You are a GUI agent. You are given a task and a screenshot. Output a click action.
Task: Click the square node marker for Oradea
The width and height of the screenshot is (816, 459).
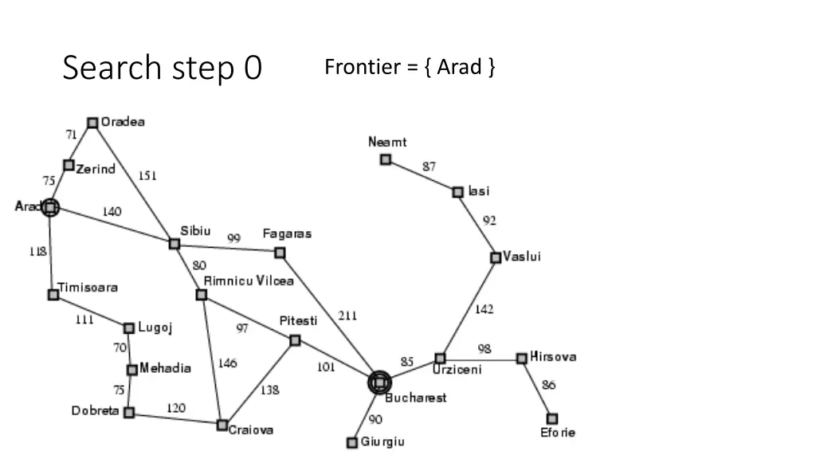[x=92, y=123]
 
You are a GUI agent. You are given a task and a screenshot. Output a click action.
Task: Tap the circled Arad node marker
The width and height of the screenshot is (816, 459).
[x=50, y=207]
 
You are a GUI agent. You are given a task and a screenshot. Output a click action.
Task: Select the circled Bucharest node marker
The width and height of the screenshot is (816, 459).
[x=379, y=383]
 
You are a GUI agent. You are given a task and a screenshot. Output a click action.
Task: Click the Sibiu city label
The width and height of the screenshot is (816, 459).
[x=196, y=231]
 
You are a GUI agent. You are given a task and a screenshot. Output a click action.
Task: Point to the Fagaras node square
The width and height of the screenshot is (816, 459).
[x=280, y=253]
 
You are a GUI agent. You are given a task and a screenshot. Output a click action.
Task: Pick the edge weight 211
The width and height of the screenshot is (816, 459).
[x=347, y=316]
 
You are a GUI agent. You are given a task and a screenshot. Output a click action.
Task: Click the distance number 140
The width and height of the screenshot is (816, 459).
[x=112, y=212]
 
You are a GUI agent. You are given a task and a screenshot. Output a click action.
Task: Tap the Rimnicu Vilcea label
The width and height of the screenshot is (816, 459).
[x=249, y=280]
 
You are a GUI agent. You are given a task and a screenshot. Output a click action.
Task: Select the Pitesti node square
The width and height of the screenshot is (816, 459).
[x=295, y=340]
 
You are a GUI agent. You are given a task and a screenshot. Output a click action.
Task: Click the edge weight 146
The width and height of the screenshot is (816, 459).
[x=227, y=363]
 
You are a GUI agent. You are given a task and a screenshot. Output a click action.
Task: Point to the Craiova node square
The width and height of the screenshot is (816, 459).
[x=222, y=425]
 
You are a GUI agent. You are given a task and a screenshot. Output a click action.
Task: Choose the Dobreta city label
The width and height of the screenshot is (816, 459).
[x=95, y=411]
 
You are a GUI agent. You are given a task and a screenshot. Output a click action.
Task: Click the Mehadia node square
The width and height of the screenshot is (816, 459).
[x=132, y=370]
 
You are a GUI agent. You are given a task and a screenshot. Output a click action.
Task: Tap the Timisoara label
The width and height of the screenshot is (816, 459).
[x=87, y=288]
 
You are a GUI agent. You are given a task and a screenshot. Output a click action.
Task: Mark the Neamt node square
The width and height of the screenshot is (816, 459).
[x=386, y=159]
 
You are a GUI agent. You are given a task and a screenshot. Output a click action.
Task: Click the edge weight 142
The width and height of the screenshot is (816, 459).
[x=484, y=310]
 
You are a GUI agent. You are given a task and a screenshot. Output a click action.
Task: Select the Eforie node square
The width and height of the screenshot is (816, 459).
[x=552, y=418]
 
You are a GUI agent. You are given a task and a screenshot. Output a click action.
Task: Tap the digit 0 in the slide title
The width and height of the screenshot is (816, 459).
[x=253, y=68]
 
